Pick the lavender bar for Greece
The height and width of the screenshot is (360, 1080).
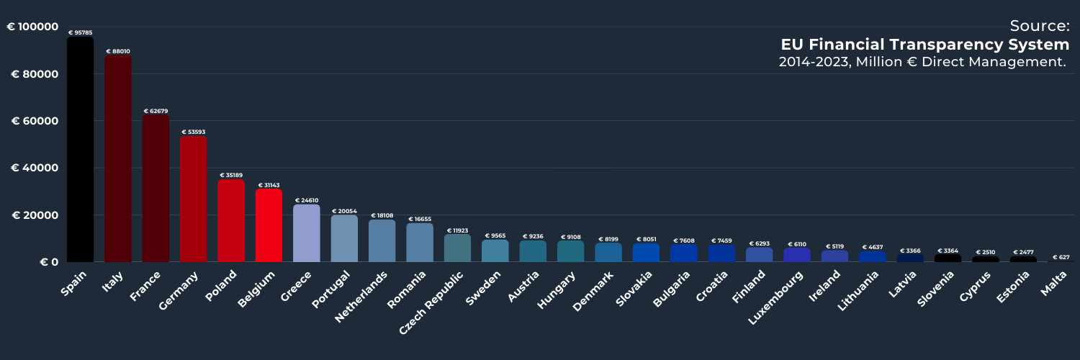click(x=306, y=233)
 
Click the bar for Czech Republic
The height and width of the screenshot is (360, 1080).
click(x=457, y=248)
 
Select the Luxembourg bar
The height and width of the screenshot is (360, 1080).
click(x=797, y=255)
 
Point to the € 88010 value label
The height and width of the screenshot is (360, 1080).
click(x=118, y=52)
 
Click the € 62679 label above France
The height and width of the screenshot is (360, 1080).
click(x=156, y=111)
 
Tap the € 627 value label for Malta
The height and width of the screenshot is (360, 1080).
click(x=1061, y=257)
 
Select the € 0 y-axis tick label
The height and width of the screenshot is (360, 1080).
click(x=49, y=262)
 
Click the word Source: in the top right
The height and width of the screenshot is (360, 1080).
click(x=1039, y=26)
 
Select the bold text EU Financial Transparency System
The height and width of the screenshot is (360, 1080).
click(x=924, y=45)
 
